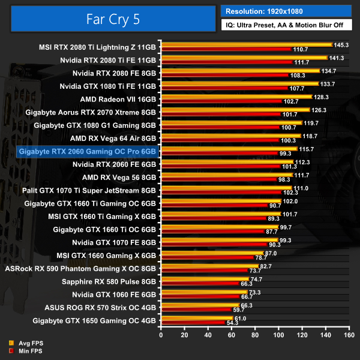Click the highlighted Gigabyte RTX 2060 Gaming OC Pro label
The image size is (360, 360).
(x=88, y=152)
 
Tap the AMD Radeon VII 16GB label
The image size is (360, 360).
(x=118, y=99)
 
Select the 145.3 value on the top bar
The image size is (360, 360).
(x=341, y=45)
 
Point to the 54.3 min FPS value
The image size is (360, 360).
(x=233, y=323)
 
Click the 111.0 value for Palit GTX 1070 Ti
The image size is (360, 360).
(x=301, y=188)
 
